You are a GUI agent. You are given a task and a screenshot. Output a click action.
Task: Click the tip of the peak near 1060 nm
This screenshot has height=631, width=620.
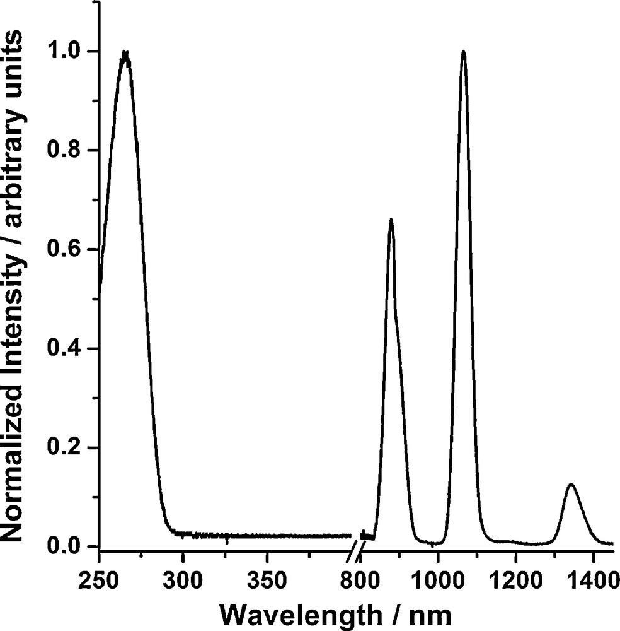[464, 51]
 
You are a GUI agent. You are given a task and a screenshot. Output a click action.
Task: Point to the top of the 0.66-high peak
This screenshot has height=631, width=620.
[391, 220]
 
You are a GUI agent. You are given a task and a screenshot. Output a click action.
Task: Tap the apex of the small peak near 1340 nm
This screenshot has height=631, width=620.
[571, 484]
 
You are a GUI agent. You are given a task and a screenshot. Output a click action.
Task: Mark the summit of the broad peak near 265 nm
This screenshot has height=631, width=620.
[125, 52]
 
